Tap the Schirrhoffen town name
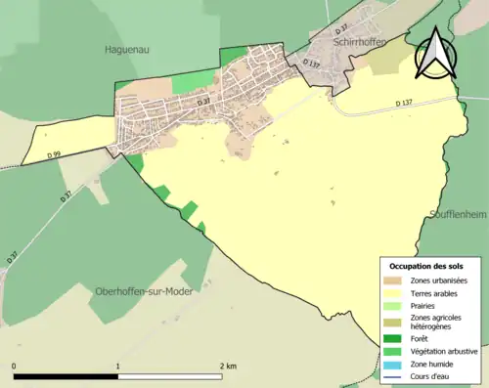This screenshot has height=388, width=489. pos(359,42)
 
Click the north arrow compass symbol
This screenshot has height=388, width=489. pos(432,54)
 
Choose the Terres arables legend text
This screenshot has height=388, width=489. pos(437,292)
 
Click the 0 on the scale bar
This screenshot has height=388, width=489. pos(14,366)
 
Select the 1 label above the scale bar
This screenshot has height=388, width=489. pos(118,366)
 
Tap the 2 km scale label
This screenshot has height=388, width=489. pos(227,366)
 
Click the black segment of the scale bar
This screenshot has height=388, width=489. pos(66,375)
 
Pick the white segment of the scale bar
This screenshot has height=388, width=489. pos(170,375)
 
